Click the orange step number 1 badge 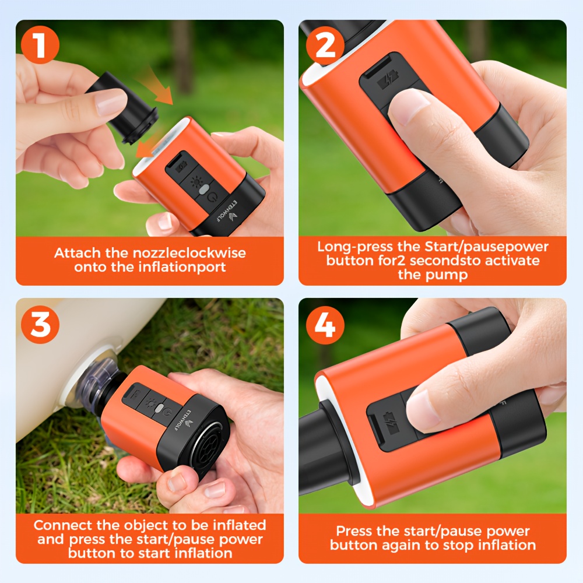[x=40, y=45]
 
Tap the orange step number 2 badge [x=325, y=45]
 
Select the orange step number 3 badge [x=40, y=324]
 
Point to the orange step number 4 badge [x=325, y=324]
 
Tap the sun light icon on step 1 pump [x=195, y=182]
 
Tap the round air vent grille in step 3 [x=209, y=447]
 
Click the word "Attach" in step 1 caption [x=78, y=253]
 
